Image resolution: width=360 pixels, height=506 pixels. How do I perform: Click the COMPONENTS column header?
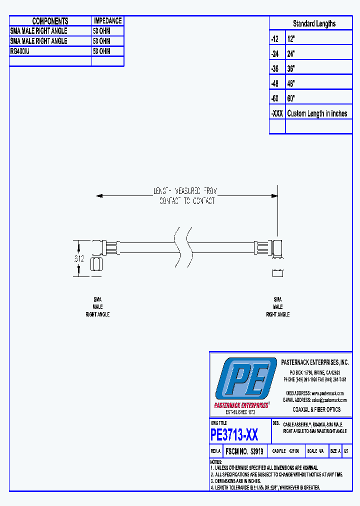pyautogui.click(x=50, y=21)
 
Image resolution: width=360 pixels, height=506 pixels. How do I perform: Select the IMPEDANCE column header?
pyautogui.click(x=107, y=21)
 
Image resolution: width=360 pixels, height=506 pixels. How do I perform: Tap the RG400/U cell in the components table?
pyautogui.click(x=20, y=51)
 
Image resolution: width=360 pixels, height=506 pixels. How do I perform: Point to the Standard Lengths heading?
pyautogui.click(x=314, y=23)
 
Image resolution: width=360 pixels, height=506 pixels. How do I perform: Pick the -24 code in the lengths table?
pyautogui.click(x=275, y=53)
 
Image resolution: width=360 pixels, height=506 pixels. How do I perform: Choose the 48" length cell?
pyautogui.click(x=291, y=83)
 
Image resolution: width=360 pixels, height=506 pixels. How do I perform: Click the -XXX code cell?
pyautogui.click(x=277, y=113)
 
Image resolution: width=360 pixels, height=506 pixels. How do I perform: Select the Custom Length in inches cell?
pyautogui.click(x=317, y=113)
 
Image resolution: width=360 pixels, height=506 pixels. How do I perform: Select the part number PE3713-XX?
pyautogui.click(x=234, y=435)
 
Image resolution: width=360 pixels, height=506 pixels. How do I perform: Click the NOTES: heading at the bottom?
pyautogui.click(x=216, y=462)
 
